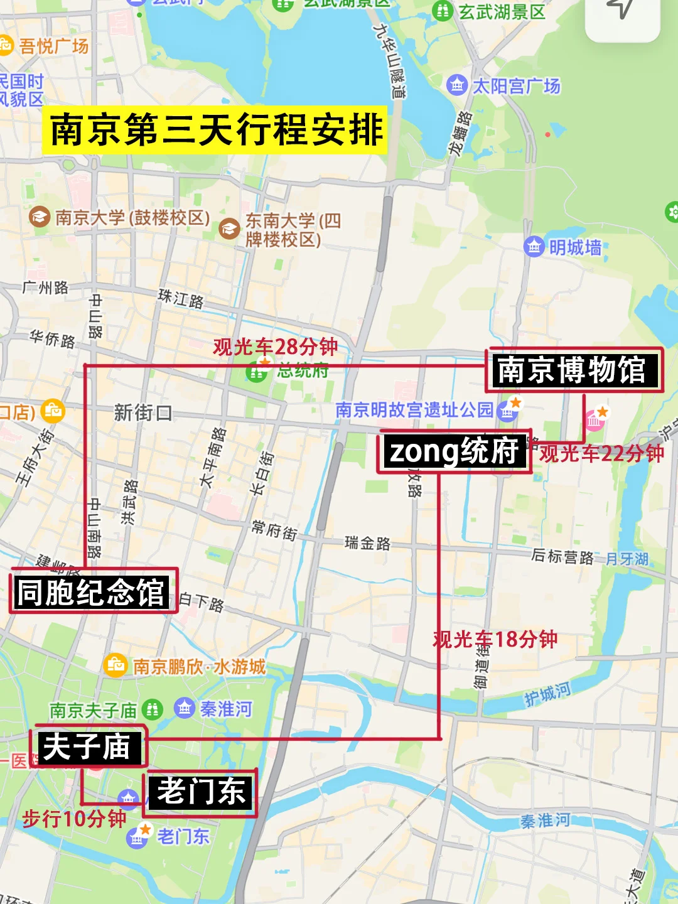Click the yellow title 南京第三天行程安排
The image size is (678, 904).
215,130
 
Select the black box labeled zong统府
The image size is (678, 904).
454,451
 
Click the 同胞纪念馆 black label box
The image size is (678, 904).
92,592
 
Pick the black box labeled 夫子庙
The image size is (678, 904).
87,747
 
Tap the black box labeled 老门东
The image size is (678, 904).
201,792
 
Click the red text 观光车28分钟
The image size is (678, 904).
275,347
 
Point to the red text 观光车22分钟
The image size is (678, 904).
601,453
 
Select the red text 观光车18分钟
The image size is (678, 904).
495,639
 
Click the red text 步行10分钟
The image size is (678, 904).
74,819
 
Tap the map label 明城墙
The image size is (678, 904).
575,248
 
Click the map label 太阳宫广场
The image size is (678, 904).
516,86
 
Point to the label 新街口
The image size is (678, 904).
143,412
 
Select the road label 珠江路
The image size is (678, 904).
181,298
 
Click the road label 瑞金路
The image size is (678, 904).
367,543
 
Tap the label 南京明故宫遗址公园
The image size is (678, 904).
414,410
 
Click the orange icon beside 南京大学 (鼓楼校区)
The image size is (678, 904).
40,217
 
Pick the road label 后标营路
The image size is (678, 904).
562,556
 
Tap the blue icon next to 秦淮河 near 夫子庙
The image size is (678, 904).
184,709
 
